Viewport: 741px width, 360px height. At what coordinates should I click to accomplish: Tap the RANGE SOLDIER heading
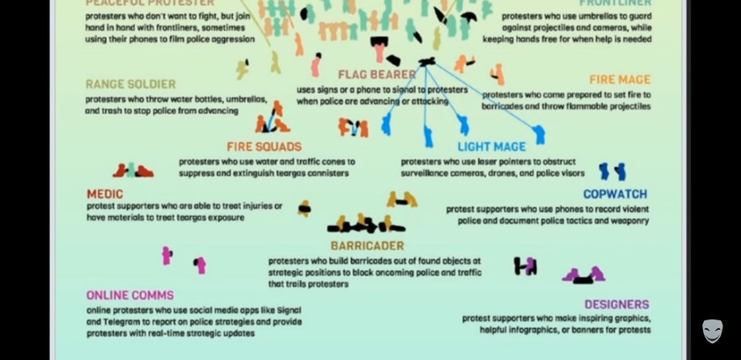[x=131, y=85]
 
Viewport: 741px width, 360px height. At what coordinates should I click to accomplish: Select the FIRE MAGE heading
[x=620, y=80]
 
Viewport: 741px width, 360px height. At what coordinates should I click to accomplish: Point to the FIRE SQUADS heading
[x=264, y=146]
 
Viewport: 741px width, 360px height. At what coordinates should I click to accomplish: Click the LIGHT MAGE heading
[x=491, y=146]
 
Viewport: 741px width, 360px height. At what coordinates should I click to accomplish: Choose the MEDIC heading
[x=105, y=194]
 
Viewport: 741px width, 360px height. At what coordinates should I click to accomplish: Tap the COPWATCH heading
[x=615, y=194]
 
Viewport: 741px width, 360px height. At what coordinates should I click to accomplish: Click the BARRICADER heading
[x=367, y=246]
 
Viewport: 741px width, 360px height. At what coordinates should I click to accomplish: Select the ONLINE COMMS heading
[x=130, y=296]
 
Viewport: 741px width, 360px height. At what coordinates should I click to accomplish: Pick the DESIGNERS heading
[x=617, y=305]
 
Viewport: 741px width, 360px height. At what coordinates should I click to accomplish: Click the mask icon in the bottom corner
[x=712, y=331]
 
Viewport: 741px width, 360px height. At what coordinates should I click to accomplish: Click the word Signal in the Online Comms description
[x=288, y=311]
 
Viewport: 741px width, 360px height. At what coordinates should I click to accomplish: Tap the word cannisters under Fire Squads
[x=318, y=173]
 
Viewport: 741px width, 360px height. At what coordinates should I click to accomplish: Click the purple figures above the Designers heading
[x=584, y=275]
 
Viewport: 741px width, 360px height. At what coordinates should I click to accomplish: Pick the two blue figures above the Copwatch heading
[x=611, y=171]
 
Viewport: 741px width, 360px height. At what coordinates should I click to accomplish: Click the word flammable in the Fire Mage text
[x=575, y=107]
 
